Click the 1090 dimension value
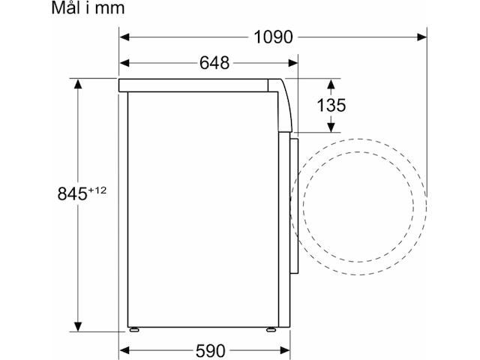pos(273,37)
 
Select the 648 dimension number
pos(214,63)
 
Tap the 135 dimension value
pos(331,105)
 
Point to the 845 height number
pos(72,193)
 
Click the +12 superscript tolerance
pos(97,190)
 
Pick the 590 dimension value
pos(211,351)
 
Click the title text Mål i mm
pos(88,8)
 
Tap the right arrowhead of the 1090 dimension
pos(421,37)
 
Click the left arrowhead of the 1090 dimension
pos(124,37)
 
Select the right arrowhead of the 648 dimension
pos(293,63)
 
